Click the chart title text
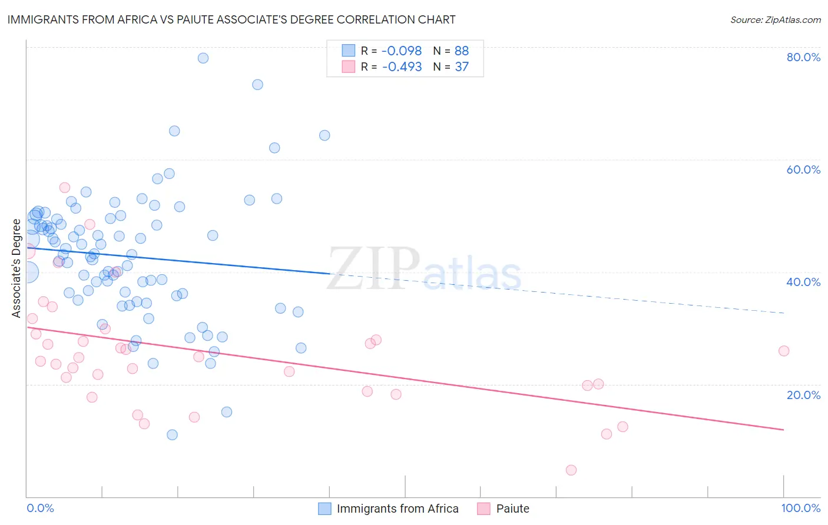coord(231,19)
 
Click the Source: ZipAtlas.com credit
coord(775,19)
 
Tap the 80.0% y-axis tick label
coord(803,57)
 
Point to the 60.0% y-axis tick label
coord(803,170)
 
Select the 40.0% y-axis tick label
coord(803,282)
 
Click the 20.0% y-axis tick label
coord(803,394)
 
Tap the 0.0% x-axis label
coord(40,508)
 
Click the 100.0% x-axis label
coord(800,508)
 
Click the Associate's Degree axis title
coord(16,268)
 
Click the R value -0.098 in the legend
coord(402,51)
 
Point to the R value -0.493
coord(402,67)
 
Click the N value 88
coord(461,51)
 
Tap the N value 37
coord(461,67)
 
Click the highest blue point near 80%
coord(203,58)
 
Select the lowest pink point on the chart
coord(571,470)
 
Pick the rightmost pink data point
coord(784,351)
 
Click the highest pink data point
coord(65,188)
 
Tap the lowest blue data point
coord(172,435)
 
